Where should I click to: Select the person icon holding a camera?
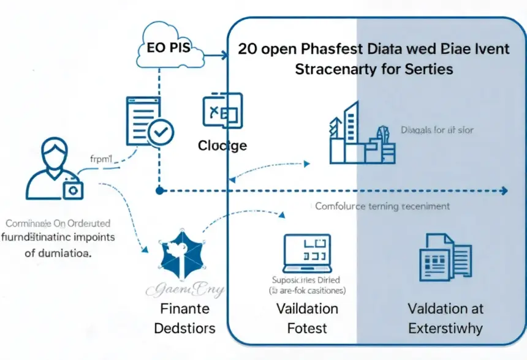53,169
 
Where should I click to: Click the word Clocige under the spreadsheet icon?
222,146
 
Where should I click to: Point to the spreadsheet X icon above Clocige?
222,110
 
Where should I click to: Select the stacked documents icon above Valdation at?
444,257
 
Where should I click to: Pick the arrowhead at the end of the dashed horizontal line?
504,191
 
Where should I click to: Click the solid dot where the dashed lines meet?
159,191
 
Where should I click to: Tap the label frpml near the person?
102,159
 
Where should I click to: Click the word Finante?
184,307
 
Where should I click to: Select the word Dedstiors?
184,328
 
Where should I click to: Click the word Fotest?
307,328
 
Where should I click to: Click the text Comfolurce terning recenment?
382,206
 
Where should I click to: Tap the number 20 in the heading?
248,48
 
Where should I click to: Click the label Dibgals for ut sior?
437,130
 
